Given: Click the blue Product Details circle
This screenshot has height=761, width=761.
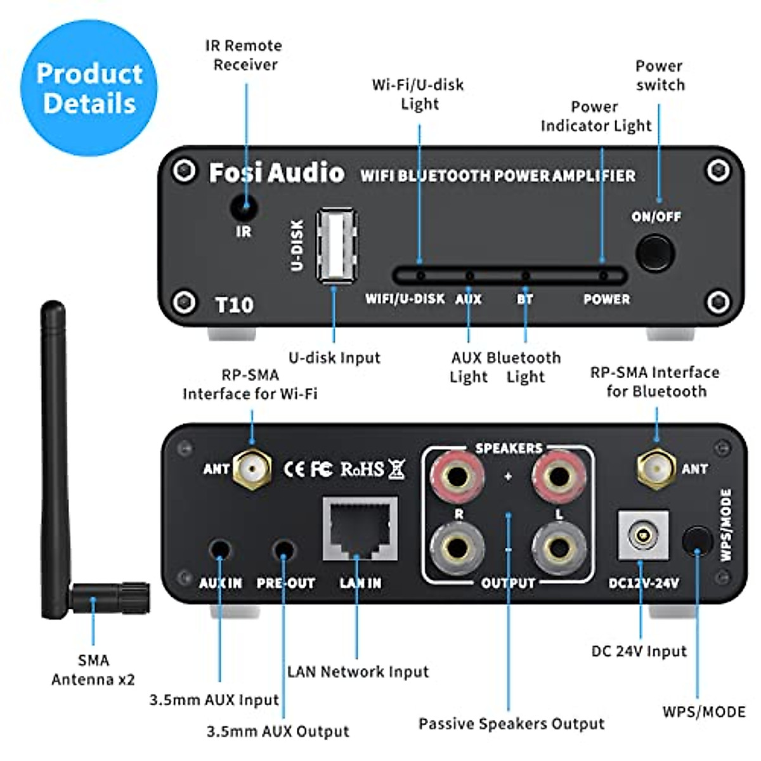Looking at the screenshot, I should (89, 88).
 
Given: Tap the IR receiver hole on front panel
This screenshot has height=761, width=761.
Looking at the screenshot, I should (244, 207).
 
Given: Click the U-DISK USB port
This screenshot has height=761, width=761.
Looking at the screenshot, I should (336, 245).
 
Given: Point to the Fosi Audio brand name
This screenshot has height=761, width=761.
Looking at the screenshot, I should (276, 173).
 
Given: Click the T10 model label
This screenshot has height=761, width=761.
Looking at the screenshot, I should (234, 305).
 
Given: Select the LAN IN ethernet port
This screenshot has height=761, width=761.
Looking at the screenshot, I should (360, 529).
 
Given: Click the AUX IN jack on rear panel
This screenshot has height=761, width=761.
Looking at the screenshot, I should (220, 549).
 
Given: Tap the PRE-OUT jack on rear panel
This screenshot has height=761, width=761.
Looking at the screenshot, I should (283, 549).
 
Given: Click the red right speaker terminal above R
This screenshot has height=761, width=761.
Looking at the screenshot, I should (457, 476).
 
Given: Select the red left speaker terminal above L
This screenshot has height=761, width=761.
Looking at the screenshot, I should (559, 476).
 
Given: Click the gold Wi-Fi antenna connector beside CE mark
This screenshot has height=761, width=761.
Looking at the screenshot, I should (252, 469).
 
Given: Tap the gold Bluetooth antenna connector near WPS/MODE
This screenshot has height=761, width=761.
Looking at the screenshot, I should (656, 469).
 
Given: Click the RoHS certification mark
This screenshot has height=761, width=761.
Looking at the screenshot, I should (362, 469).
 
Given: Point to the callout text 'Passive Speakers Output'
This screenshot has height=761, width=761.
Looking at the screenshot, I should (511, 724).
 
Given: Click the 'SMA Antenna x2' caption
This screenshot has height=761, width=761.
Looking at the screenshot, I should (93, 670).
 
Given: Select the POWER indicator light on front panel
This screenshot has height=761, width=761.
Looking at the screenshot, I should (603, 276).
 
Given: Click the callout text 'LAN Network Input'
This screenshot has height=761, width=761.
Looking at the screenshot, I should (358, 672).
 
